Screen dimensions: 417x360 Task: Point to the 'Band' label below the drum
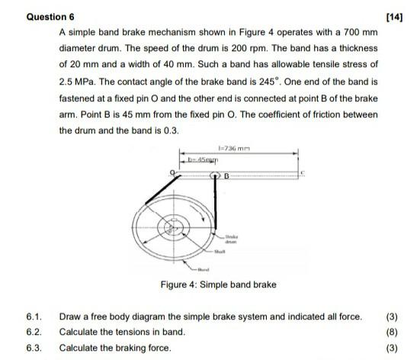[204, 270]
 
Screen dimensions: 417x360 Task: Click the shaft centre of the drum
[171, 227]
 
